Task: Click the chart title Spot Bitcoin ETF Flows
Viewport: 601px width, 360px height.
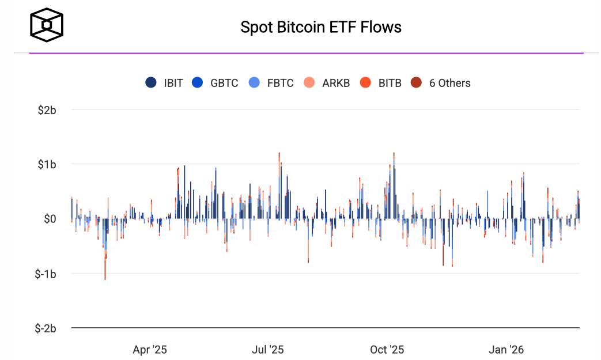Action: [321, 27]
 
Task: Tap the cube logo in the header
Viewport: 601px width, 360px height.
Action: [47, 26]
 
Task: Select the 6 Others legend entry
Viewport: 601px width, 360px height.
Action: [441, 83]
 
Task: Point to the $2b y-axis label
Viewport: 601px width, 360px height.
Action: [46, 109]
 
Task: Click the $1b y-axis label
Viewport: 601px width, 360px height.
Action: [46, 164]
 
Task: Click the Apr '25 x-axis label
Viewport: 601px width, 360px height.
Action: [150, 350]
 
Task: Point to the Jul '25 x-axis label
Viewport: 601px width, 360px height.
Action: [268, 350]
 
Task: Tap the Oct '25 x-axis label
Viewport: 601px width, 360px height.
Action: [387, 350]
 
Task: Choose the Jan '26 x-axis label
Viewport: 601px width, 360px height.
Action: [506, 350]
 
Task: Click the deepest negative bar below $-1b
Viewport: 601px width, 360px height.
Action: [105, 271]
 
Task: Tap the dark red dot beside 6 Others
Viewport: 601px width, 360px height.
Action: [416, 83]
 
